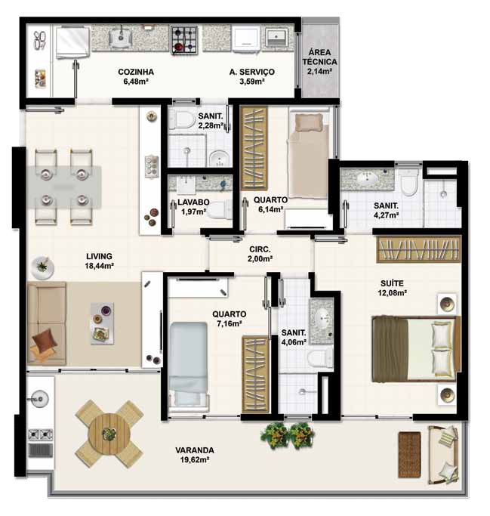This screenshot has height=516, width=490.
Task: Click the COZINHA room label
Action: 136,72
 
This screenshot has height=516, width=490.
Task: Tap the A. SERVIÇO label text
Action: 252,72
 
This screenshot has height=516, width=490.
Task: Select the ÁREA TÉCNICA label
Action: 319,57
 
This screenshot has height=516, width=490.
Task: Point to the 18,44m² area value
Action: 100,266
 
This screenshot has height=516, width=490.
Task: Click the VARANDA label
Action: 195,450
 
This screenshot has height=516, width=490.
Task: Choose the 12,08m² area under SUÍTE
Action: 393,292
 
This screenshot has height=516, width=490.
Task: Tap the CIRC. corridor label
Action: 260,249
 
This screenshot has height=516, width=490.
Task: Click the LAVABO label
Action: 193,202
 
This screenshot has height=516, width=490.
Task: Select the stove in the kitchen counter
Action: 184,40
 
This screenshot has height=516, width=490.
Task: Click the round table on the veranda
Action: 109,434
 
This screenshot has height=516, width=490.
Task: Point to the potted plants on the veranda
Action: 288,436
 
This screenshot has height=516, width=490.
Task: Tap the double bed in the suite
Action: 416,349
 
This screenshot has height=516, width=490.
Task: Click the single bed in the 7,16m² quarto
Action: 188,364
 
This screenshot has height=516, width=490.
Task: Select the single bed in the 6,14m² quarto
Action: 308,156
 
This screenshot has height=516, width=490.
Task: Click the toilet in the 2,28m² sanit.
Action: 181,119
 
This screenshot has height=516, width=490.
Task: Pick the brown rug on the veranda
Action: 409,455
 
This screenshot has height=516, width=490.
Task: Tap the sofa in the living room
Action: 47,323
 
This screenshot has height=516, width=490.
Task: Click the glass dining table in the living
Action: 64,187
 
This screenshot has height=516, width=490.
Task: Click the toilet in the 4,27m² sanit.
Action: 409,182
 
